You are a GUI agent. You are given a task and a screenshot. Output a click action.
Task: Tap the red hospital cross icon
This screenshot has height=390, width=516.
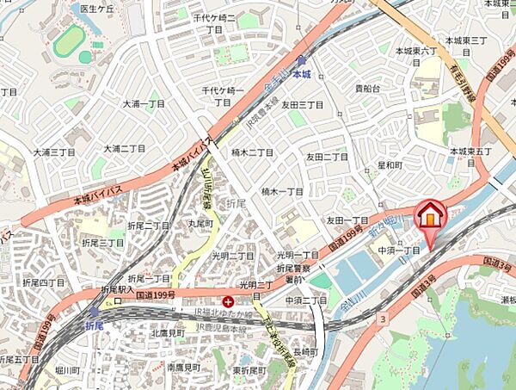pyautogui.click(x=228, y=301)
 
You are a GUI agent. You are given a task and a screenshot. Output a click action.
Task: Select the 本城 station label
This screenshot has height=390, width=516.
pyautogui.click(x=300, y=75)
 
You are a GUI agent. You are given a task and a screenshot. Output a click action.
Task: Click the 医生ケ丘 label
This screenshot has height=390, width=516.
pyautogui.click(x=97, y=9)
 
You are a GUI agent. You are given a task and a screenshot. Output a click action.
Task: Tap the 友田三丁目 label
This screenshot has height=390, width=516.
pyautogui.click(x=303, y=104)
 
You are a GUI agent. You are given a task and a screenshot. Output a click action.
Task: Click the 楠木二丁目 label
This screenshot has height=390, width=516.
pyautogui.click(x=253, y=152)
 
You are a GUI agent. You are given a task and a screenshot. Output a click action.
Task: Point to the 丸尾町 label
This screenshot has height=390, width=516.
pyautogui.click(x=200, y=223)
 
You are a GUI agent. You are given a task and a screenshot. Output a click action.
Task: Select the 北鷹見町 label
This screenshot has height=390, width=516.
pyautogui.click(x=169, y=332)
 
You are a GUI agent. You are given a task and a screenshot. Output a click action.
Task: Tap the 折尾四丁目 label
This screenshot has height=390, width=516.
pyautogui.click(x=42, y=282)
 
